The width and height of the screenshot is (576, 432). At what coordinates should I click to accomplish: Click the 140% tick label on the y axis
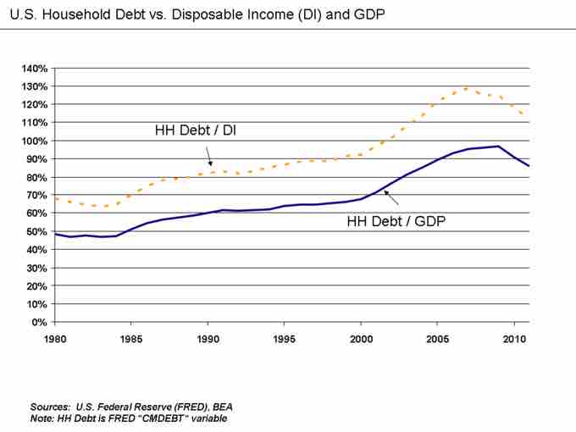(34, 68)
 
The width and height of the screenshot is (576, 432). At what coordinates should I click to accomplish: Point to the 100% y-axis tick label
(34, 141)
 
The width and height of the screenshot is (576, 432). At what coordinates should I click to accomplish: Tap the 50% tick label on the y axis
(36, 231)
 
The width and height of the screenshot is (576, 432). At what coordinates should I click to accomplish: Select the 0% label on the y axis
(39, 322)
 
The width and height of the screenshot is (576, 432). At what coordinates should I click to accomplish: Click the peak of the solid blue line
(498, 146)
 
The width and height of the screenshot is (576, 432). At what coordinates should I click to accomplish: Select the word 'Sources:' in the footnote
(50, 406)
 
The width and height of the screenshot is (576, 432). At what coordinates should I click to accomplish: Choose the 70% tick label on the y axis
(36, 195)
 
